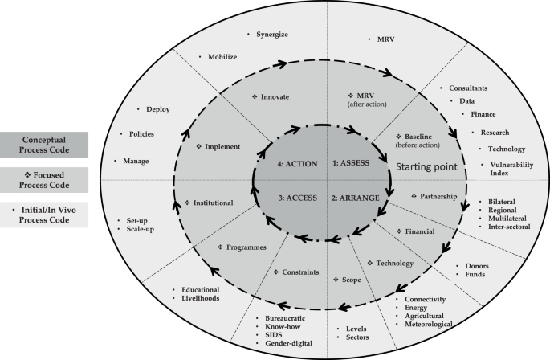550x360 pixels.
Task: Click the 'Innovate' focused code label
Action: coord(275,96)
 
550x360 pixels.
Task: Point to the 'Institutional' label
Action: coord(212,202)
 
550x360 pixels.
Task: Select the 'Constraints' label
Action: coord(299,272)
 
